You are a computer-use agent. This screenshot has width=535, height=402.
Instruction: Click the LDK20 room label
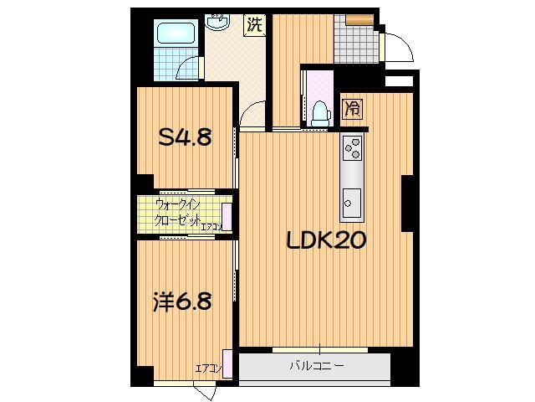tap(325, 242)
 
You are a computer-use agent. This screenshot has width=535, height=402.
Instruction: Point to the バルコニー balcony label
tap(317, 366)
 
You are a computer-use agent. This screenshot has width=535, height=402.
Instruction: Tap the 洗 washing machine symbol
tap(254, 25)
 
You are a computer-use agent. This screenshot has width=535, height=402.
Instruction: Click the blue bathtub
tap(176, 34)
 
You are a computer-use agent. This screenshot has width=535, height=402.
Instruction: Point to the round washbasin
tap(219, 21)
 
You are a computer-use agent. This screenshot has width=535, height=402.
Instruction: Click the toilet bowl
tap(318, 113)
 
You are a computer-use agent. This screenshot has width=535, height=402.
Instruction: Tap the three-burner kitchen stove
tap(352, 149)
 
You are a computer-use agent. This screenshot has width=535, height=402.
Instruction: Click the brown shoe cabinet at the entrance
tap(361, 19)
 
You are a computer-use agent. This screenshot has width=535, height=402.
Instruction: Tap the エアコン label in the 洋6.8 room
tap(207, 368)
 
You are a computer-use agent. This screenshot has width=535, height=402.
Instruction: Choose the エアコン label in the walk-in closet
tap(210, 226)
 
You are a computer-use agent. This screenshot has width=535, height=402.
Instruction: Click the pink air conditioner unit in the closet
tap(227, 216)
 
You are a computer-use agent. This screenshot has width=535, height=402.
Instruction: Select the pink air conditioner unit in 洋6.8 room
tap(227, 362)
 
